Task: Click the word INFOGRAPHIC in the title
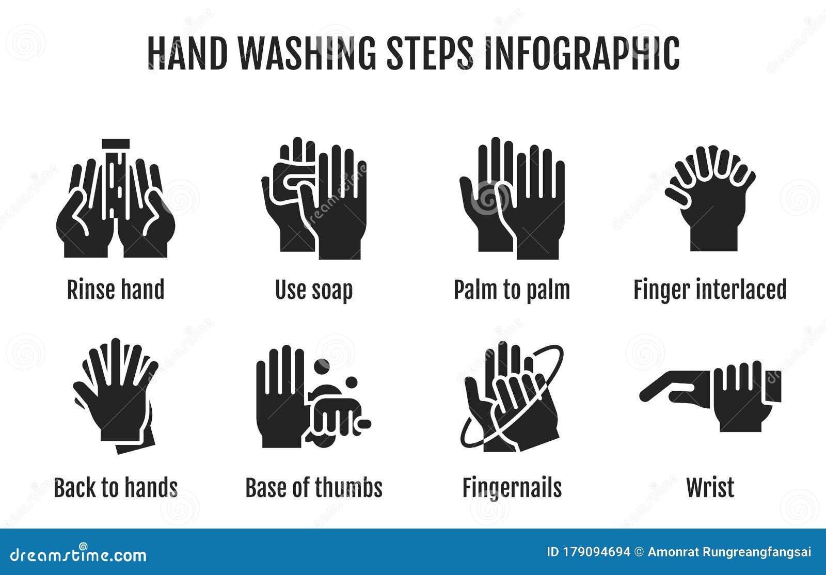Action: [x=581, y=53]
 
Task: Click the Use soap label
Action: [x=314, y=290]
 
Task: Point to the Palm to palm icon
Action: [x=512, y=199]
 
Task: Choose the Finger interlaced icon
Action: [x=710, y=199]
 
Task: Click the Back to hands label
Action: [x=116, y=488]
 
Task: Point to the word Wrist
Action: [x=710, y=488]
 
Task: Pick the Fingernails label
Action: [x=512, y=488]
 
